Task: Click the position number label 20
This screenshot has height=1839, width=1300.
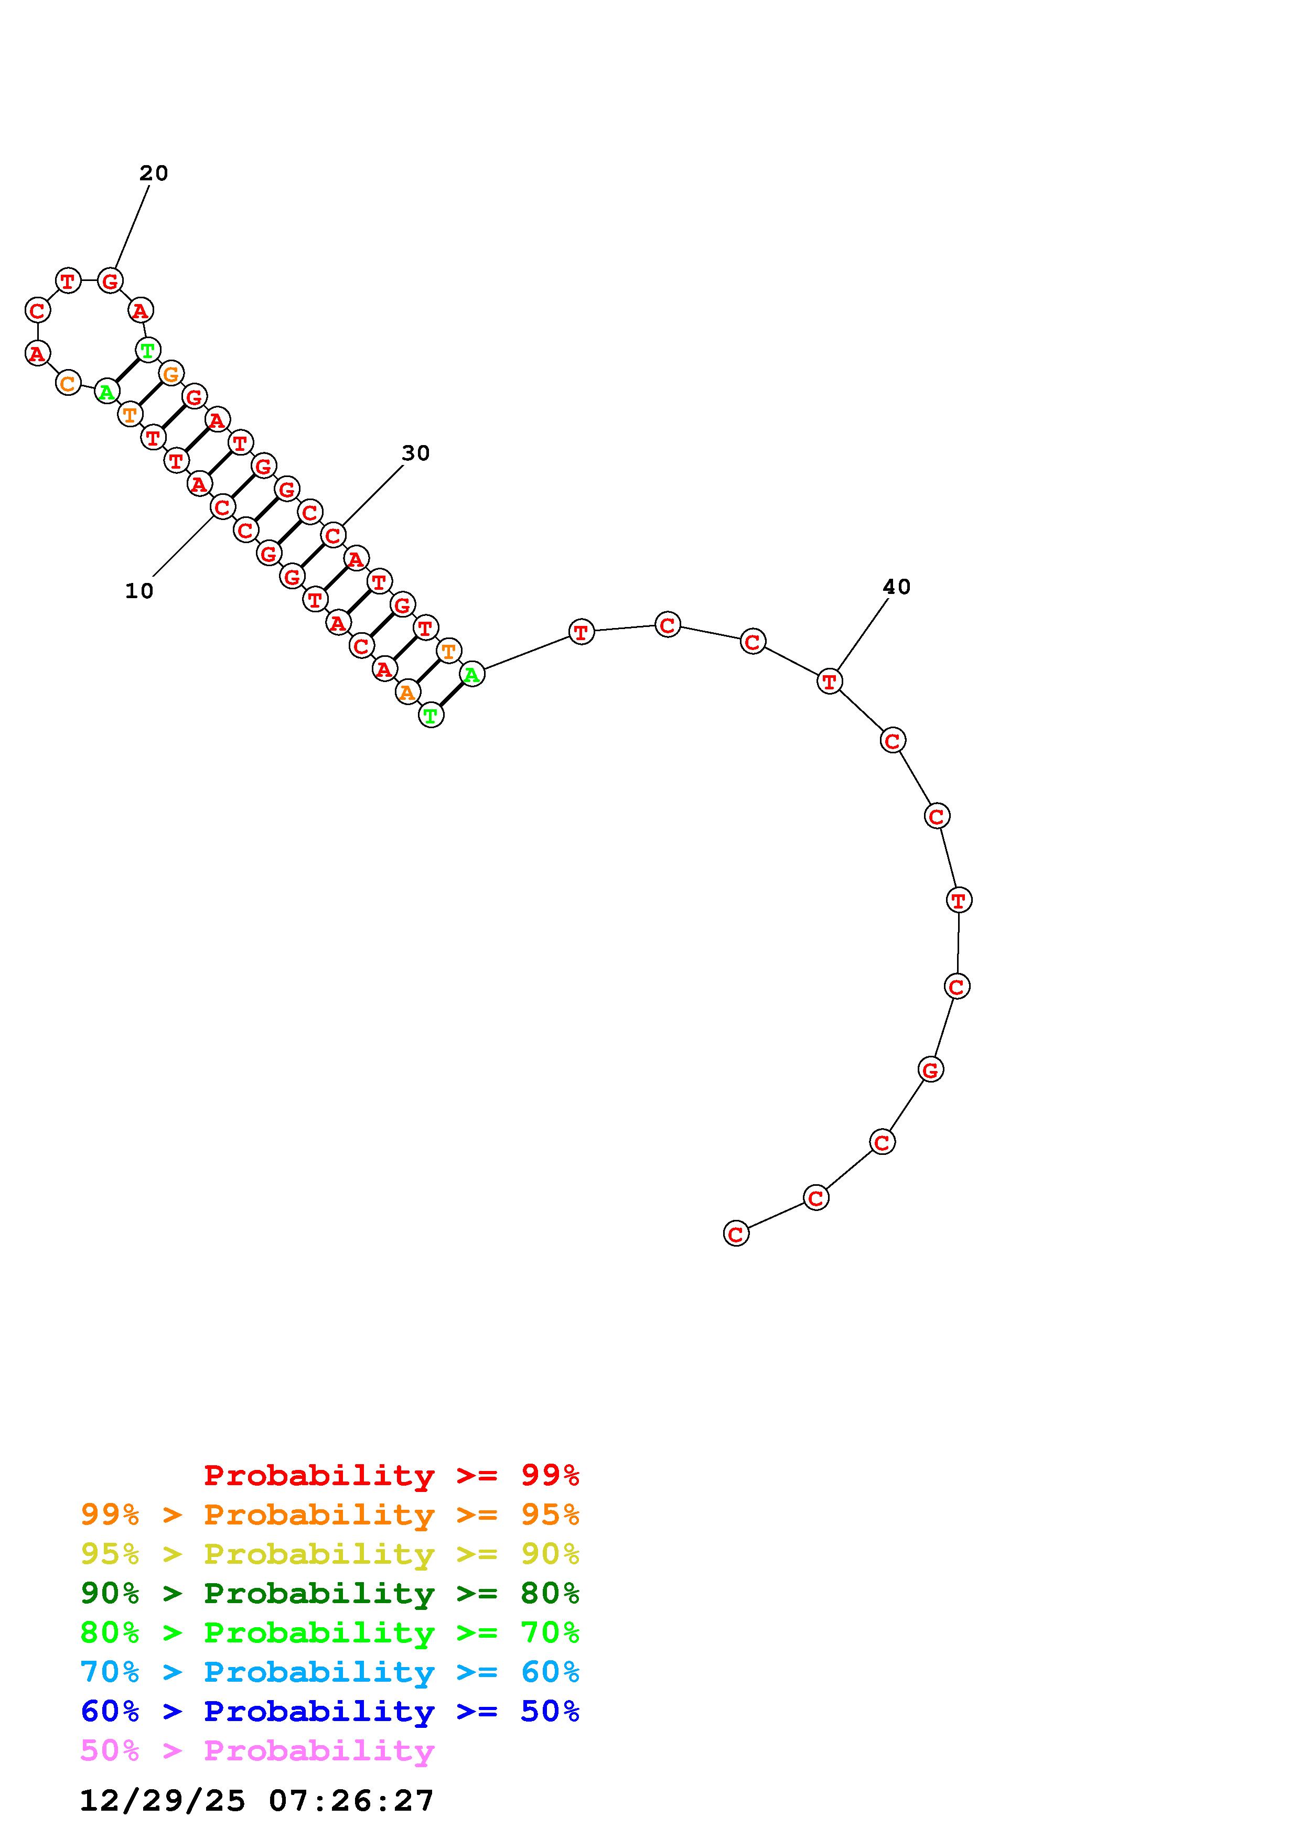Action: [154, 173]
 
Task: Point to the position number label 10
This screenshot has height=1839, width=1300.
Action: [139, 591]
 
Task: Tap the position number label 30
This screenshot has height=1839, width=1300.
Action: [416, 453]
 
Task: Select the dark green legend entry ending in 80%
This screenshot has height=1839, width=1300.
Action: [330, 1593]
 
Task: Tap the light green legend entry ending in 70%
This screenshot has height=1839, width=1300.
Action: [330, 1632]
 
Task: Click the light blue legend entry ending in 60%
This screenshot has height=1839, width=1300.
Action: [330, 1672]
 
